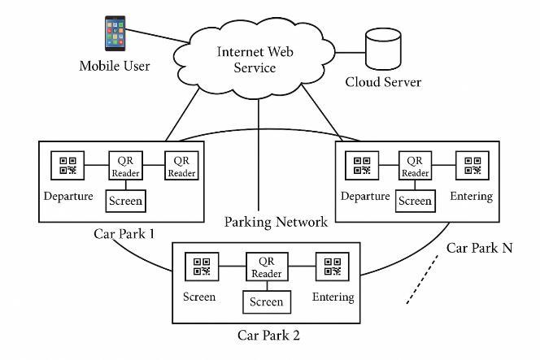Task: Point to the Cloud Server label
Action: [382, 82]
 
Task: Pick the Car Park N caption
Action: [479, 247]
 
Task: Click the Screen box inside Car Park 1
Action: [126, 200]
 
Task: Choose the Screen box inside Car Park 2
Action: [267, 302]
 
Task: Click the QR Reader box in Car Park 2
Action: [267, 267]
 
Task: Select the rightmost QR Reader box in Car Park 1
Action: [181, 166]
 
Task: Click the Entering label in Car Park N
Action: [472, 197]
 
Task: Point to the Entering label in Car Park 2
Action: [333, 297]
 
